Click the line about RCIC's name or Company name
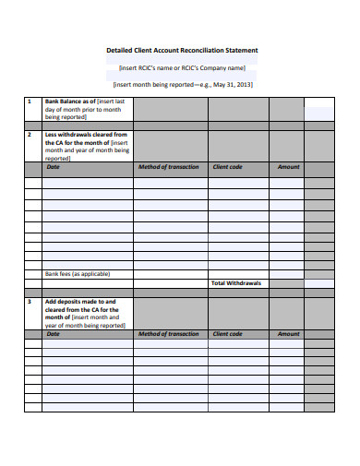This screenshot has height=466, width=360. [x=182, y=67]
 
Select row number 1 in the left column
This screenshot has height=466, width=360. [x=30, y=101]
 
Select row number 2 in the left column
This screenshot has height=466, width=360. [x=30, y=135]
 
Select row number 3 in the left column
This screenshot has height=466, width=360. [x=30, y=301]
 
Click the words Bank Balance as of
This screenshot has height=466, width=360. [x=67, y=101]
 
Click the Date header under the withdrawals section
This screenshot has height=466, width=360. [x=53, y=167]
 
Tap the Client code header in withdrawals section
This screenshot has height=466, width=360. [x=227, y=167]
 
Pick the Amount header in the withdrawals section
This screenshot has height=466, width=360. [x=288, y=167]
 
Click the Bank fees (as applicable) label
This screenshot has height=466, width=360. [x=78, y=274]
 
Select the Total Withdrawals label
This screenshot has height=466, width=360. [x=237, y=283]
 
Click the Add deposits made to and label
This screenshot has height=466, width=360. [x=80, y=301]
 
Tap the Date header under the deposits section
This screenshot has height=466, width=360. [x=53, y=334]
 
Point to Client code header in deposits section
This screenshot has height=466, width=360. [x=227, y=334]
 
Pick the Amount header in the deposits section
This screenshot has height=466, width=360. [x=288, y=334]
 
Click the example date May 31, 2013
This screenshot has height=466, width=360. [x=232, y=84]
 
